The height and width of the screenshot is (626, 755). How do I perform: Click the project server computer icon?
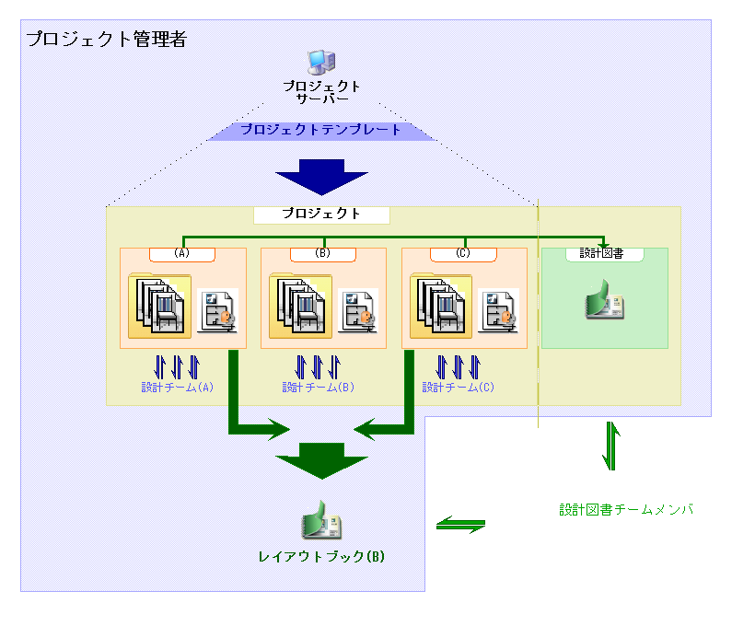pyautogui.click(x=320, y=62)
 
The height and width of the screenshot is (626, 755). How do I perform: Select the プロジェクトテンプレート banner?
pyautogui.click(x=320, y=130)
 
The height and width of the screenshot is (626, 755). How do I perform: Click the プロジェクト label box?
pyautogui.click(x=321, y=214)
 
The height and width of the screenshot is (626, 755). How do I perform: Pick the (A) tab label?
pyautogui.click(x=182, y=254)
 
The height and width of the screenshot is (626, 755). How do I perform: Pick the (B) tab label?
pyautogui.click(x=323, y=254)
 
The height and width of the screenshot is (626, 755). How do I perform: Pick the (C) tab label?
pyautogui.click(x=463, y=254)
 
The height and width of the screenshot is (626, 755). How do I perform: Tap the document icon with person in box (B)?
pyautogui.click(x=358, y=309)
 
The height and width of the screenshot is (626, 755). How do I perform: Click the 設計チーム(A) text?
pyautogui.click(x=177, y=388)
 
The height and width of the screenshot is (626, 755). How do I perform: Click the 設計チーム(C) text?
pyautogui.click(x=459, y=388)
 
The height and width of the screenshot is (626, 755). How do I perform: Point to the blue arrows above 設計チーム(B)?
pyautogui.click(x=318, y=366)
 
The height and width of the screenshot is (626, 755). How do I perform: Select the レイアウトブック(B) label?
pyautogui.click(x=320, y=557)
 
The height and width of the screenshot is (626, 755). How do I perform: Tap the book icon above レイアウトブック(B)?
pyautogui.click(x=321, y=522)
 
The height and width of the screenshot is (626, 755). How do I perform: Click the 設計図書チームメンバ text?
pyautogui.click(x=625, y=509)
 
